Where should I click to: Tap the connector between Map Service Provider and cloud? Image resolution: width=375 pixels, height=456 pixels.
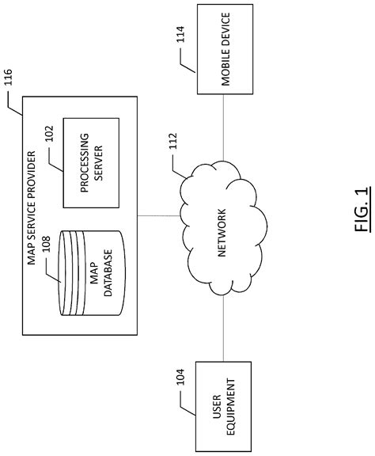[159, 215]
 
